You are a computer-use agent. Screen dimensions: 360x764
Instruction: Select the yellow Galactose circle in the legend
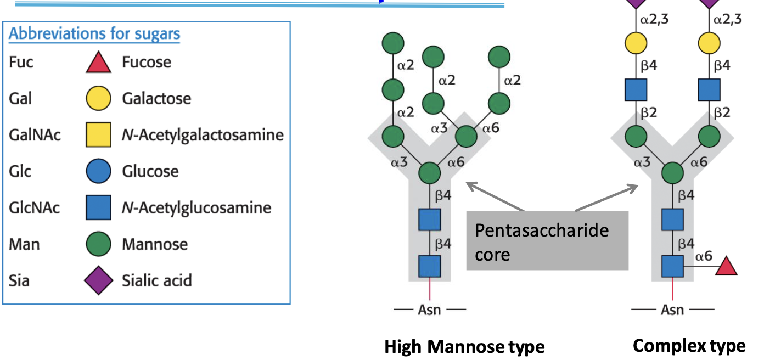click(99, 98)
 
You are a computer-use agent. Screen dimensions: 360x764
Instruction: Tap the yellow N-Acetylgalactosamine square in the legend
click(99, 135)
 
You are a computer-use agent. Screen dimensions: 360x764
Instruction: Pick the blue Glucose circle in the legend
click(99, 171)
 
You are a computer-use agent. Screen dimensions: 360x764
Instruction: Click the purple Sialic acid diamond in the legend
click(99, 280)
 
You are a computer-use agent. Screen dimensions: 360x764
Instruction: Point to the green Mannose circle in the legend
click(99, 244)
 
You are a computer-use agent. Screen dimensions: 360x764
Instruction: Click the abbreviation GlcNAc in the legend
click(35, 208)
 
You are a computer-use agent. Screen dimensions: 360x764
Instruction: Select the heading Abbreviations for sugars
click(94, 34)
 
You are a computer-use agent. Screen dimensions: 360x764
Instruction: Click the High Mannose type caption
click(464, 347)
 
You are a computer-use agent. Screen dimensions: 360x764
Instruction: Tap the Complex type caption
click(689, 346)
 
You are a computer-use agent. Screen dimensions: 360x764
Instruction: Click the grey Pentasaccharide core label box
click(547, 241)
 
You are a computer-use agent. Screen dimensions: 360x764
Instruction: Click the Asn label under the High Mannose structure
click(430, 310)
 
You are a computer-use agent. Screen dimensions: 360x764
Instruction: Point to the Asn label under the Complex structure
click(672, 310)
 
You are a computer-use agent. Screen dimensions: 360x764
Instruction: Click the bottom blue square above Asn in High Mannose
click(430, 266)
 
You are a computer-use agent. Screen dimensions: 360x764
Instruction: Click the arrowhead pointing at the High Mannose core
click(467, 184)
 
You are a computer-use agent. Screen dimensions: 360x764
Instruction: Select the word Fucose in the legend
click(147, 62)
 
